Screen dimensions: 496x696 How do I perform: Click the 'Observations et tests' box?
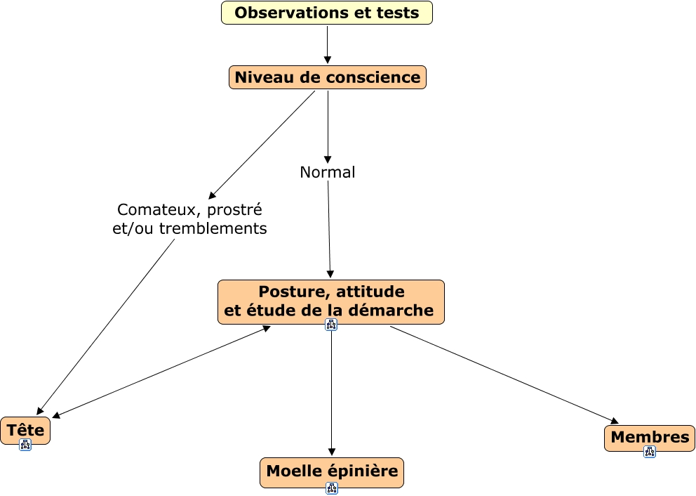327,13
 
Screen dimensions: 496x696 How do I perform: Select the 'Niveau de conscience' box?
328,77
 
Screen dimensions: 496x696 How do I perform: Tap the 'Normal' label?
328,172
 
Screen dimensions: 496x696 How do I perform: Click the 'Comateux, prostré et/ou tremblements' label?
189,218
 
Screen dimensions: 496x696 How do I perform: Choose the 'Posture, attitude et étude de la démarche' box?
331,301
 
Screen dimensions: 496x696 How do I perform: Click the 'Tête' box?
25,430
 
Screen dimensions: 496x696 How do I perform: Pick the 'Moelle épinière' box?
332,471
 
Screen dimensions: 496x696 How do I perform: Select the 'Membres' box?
650,437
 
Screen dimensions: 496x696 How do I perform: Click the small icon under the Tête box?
25,445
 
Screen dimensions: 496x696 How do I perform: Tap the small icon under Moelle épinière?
332,488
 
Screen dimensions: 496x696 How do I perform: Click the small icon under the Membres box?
650,452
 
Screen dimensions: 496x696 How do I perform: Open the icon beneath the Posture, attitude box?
331,325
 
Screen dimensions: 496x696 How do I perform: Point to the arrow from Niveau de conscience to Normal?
328,126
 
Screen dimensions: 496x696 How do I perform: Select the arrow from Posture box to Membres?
504,375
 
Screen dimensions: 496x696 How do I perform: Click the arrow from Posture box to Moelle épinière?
332,393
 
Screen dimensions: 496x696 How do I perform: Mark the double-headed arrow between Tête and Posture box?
161,372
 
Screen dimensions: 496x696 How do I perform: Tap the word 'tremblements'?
213,229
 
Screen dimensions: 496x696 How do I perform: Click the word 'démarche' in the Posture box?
399,311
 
